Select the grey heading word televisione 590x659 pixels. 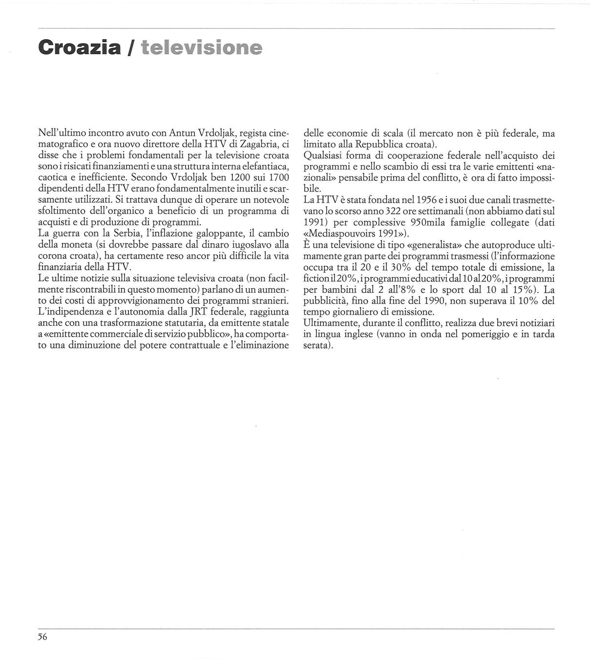[201, 48]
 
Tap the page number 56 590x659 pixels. [42, 637]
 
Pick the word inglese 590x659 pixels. [352, 334]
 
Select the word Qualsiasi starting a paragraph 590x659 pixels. [324, 155]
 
